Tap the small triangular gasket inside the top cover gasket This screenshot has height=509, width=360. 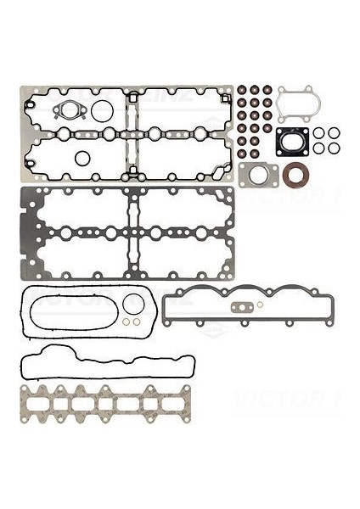point(66,110)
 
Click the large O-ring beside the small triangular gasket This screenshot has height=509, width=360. point(101,111)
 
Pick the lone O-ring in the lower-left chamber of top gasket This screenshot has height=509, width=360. point(82,158)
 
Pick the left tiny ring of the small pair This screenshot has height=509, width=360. point(125,322)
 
